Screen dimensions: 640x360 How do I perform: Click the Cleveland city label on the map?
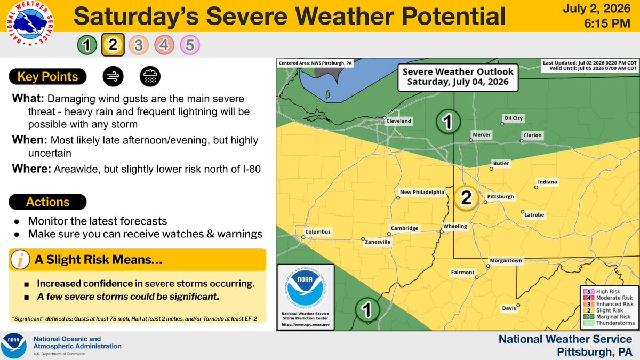coord(398,121)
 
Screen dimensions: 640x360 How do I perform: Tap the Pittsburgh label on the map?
coord(500,197)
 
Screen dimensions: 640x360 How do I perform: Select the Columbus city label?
coord(318,231)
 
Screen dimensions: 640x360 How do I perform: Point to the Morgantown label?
coord(506,261)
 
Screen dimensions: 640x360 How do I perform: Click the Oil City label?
coord(513,118)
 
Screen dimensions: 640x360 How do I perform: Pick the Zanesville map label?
coord(378,242)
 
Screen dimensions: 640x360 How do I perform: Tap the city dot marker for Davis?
coord(518,305)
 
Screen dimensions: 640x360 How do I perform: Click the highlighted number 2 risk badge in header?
coord(113,45)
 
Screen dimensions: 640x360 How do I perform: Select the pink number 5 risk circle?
coord(190,45)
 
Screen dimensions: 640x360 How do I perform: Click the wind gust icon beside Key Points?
coord(113,76)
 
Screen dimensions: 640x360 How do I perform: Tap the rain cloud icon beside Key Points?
coord(150,76)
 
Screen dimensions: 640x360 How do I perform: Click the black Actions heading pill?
coord(47,202)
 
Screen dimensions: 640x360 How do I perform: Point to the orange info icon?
coord(20,259)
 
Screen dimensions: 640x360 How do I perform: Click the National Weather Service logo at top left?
coord(30,23)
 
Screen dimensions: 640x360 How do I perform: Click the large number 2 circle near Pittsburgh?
coord(466,198)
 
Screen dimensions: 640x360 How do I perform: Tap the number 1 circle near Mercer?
coord(448,122)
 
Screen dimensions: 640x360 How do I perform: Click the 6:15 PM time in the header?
coord(607,23)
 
